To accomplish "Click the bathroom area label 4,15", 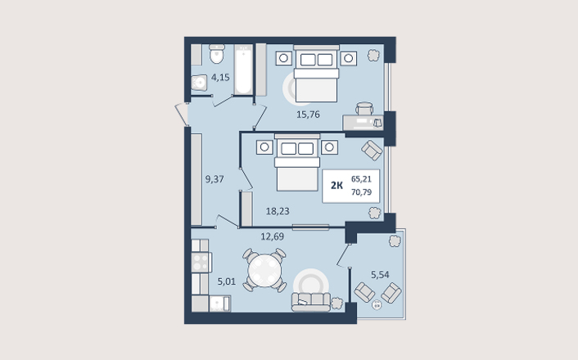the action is [x=220, y=78].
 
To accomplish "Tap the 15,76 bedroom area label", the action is [x=308, y=115].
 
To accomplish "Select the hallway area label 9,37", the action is [x=214, y=179].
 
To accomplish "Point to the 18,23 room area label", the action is [x=278, y=211].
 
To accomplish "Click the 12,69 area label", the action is [x=273, y=236].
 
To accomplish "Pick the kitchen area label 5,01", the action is [x=226, y=282].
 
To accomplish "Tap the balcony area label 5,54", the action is [x=380, y=275].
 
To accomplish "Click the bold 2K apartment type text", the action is [x=336, y=186].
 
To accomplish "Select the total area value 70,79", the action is [x=361, y=192].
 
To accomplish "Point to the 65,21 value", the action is [x=361, y=179].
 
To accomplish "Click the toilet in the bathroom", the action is [x=217, y=54].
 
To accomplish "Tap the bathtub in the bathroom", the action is [x=243, y=70].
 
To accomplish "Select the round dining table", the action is [x=264, y=271].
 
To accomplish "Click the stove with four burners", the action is [x=201, y=263].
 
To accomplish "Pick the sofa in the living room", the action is [x=311, y=302].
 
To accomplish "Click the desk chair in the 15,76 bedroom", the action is [x=364, y=108].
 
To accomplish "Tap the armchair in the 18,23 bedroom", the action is [x=372, y=150].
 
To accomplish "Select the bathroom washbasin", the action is [x=200, y=83].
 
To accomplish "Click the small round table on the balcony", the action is [x=377, y=305].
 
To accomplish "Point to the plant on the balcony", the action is [x=395, y=241].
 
